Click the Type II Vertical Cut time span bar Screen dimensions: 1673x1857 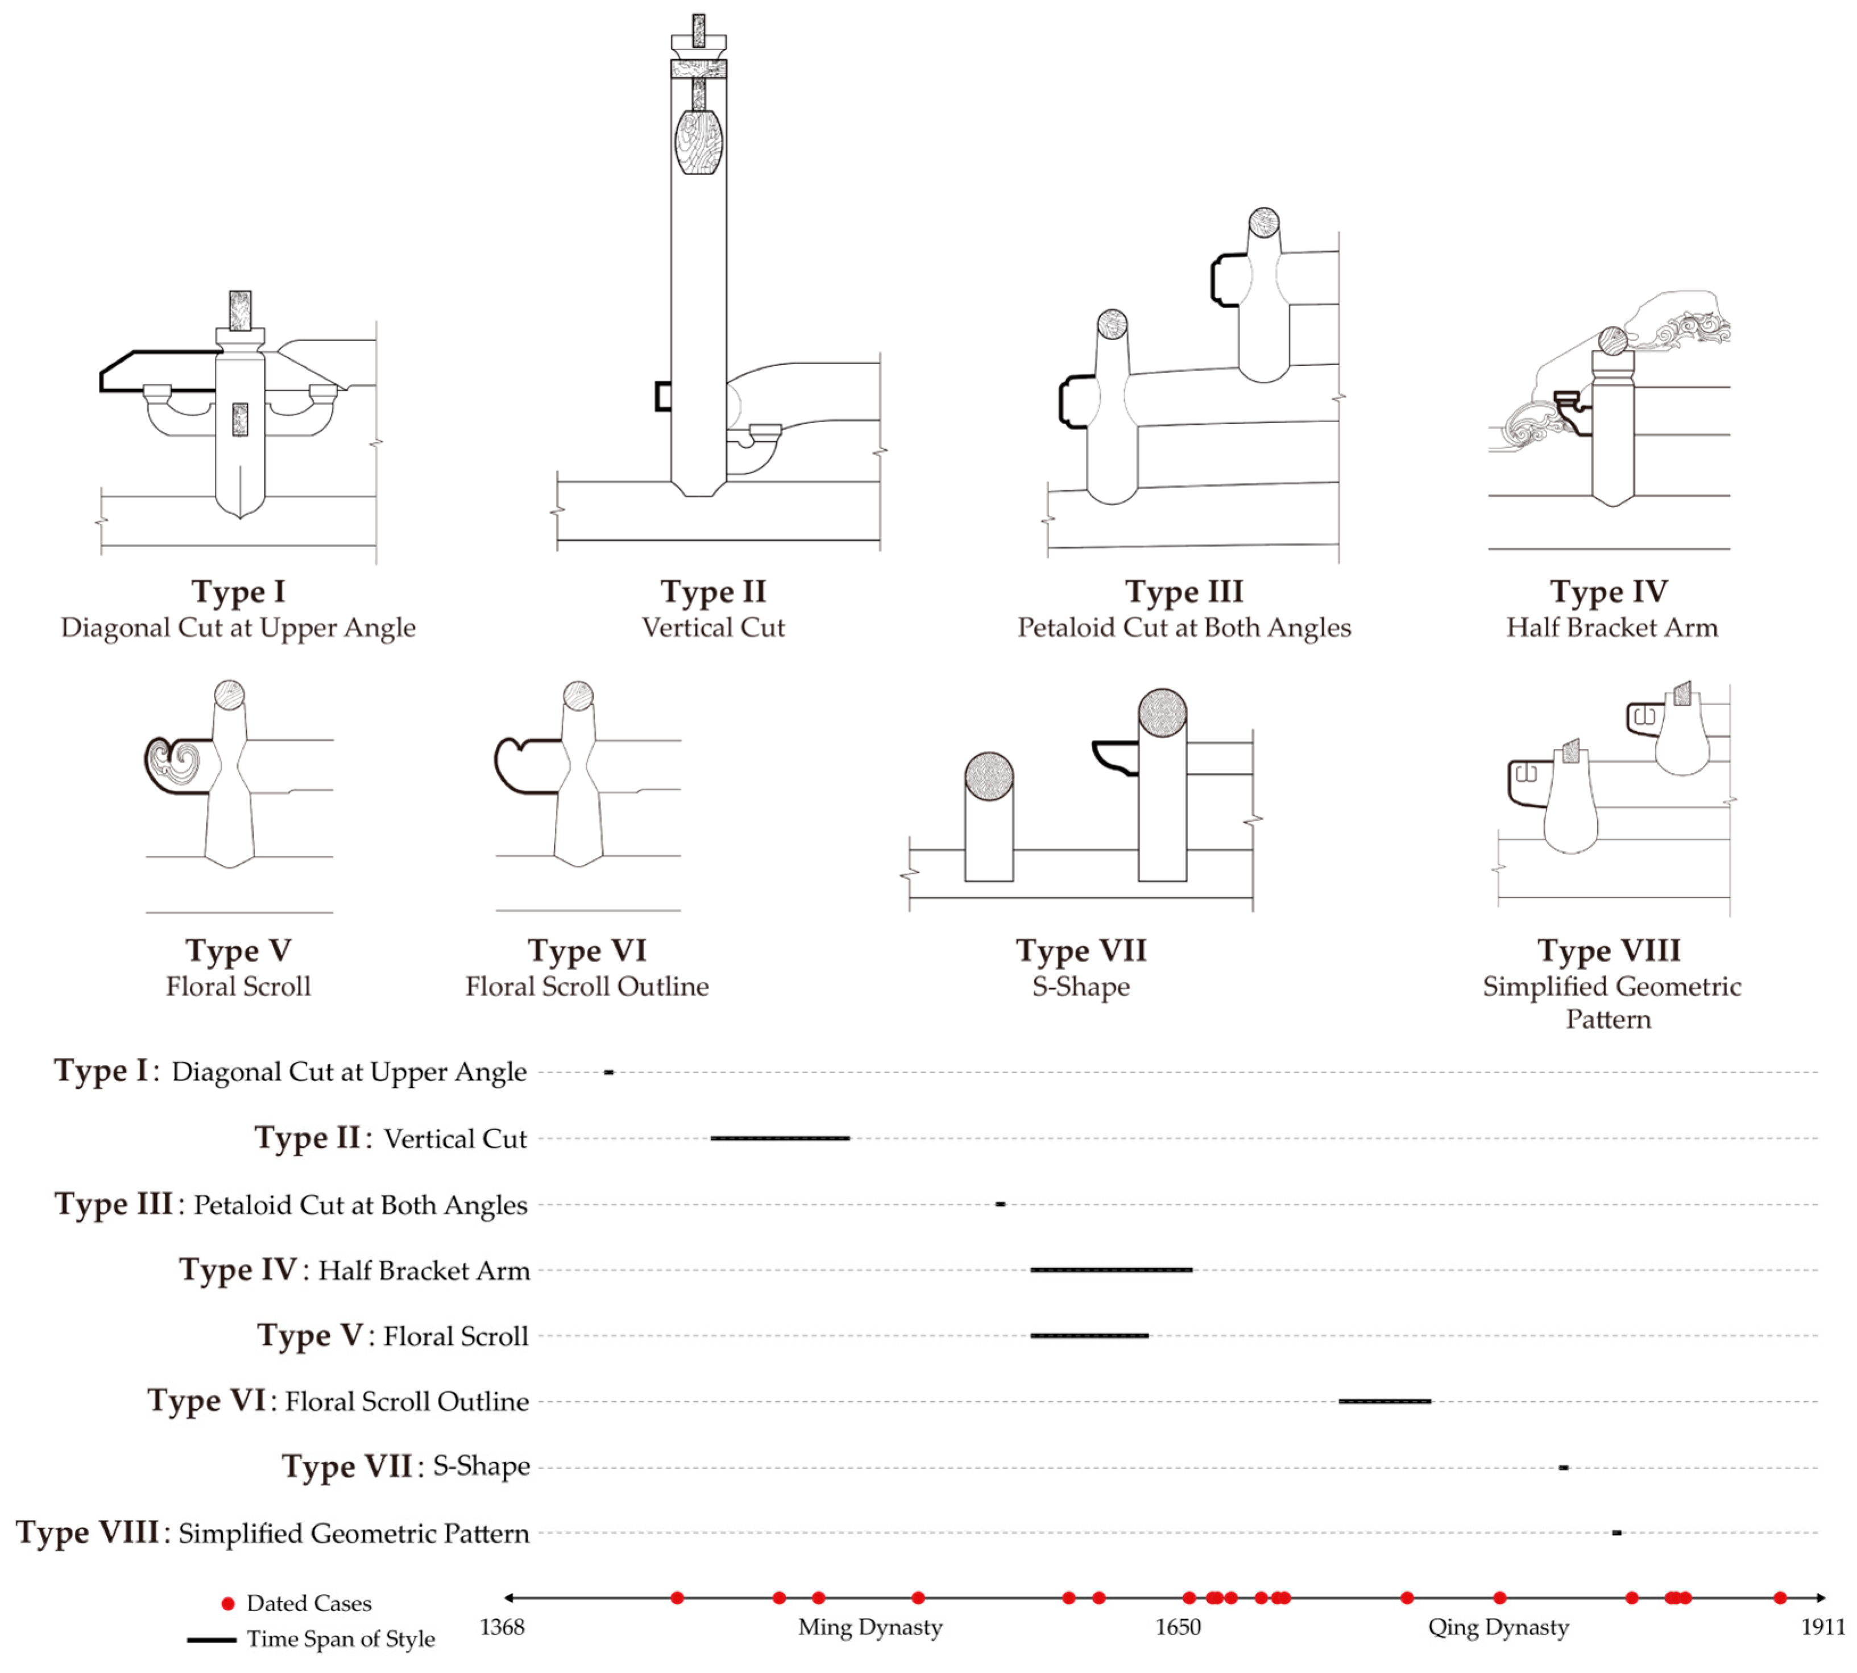780,1138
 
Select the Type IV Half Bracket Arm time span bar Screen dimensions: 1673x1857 1110,1269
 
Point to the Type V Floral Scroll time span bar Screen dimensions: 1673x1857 1089,1335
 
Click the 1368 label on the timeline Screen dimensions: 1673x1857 502,1627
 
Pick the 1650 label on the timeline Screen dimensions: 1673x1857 1178,1627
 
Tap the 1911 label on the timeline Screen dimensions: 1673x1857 1822,1627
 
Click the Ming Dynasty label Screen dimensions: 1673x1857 870,1627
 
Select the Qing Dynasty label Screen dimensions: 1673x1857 1498,1627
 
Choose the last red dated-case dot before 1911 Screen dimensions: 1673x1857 1780,1597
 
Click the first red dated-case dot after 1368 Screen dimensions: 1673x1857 677,1597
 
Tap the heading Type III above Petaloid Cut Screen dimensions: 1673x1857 1184,591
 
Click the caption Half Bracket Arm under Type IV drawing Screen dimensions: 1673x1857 1611,627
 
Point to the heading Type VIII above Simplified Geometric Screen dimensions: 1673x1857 1609,950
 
